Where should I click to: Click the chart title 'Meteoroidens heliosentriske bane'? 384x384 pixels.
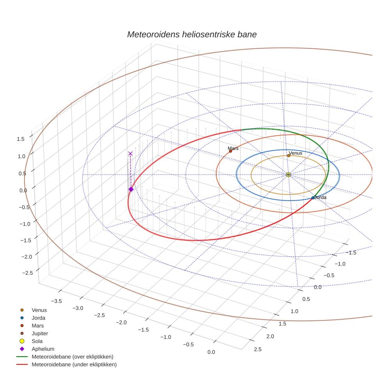tap(192, 34)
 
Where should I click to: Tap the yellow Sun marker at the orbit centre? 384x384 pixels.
tap(288, 174)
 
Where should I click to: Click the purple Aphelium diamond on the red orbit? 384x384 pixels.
tap(131, 189)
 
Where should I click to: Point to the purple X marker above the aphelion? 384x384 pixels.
tap(130, 154)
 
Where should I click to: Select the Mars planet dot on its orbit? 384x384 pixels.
tap(230, 151)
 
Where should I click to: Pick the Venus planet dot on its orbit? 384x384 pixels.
tap(288, 156)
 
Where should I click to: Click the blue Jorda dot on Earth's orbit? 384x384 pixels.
tap(313, 198)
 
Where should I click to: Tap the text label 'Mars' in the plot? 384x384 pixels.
tap(233, 148)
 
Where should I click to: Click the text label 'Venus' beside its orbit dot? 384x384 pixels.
tap(295, 153)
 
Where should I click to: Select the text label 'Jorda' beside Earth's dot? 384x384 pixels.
tap(320, 197)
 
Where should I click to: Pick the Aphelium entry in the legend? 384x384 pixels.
tap(43, 349)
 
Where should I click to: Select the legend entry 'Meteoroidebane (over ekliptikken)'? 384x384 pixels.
tap(72, 357)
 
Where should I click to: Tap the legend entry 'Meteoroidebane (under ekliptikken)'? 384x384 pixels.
tap(74, 364)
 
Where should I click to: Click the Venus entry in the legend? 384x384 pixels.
tap(39, 310)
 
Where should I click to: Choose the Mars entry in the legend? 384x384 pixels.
tap(37, 325)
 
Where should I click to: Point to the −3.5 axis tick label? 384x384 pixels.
tap(57, 301)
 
